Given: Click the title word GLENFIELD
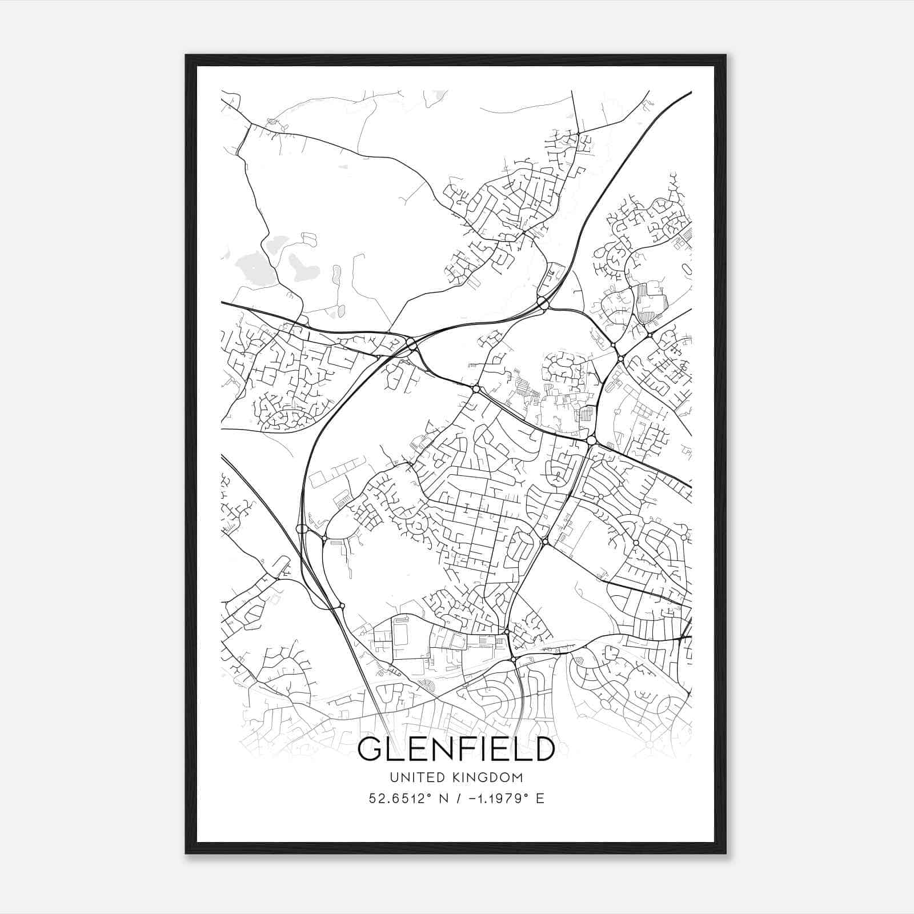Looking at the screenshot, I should point(456,749).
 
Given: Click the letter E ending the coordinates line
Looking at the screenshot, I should point(540,799).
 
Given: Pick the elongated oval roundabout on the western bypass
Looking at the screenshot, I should point(302,529).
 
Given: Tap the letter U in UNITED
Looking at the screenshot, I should point(393,777).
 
